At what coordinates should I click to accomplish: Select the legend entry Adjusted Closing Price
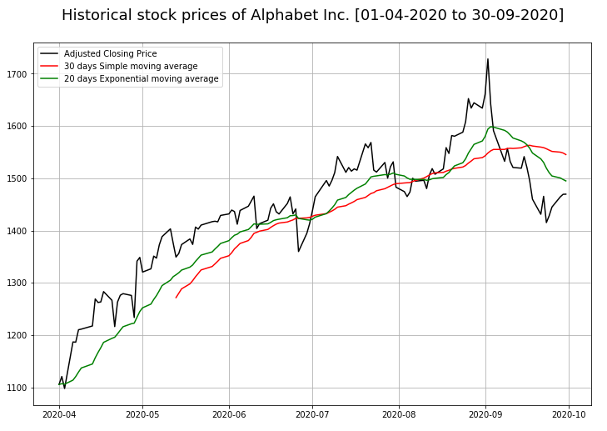point(110,54)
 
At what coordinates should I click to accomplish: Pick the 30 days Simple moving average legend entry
point(131,67)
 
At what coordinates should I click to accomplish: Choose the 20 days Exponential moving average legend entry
point(141,79)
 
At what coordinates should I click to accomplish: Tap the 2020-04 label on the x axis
point(58,413)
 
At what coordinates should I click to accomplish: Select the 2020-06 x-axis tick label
point(229,413)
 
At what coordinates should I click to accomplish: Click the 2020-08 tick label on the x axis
point(399,413)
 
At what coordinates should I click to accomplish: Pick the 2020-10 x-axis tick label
point(570,413)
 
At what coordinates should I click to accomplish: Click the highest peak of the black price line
point(488,59)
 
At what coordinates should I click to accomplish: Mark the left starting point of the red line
point(176,298)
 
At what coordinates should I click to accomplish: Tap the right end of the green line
point(566,181)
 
